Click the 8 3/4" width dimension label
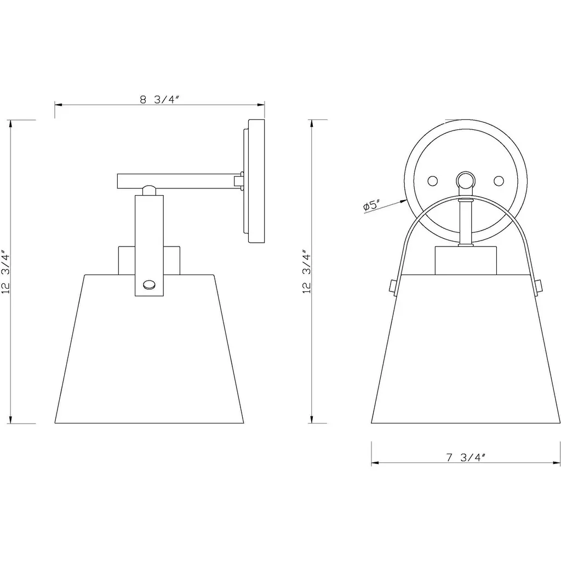click(159, 100)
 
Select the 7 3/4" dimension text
click(466, 457)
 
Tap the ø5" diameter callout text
click(371, 205)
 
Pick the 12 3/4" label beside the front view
click(307, 272)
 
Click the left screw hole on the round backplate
click(433, 181)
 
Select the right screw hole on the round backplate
click(499, 181)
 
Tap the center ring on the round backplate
click(466, 180)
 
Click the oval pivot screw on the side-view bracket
click(149, 285)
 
